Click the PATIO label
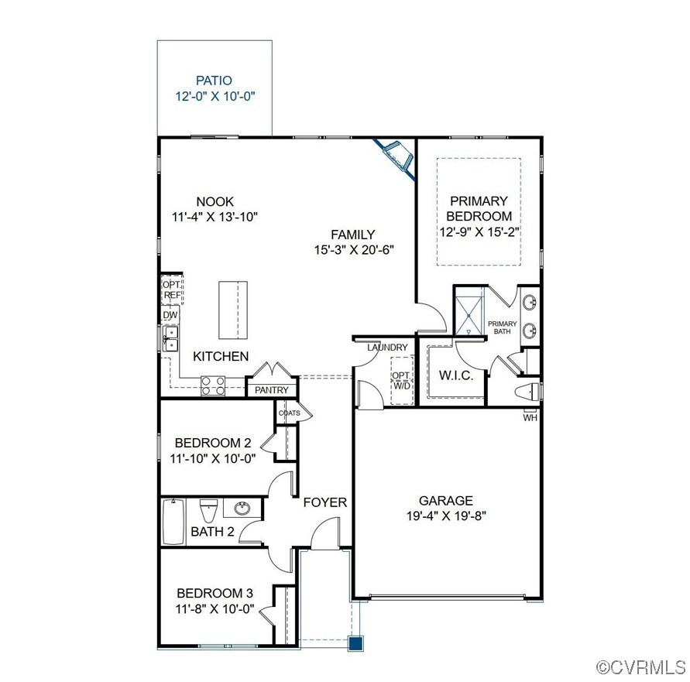[x=214, y=80]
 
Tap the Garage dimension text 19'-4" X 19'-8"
[x=445, y=516]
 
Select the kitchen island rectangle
[x=230, y=310]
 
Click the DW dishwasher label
[x=170, y=315]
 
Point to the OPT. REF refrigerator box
[x=171, y=290]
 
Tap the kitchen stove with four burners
[x=213, y=386]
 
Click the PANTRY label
[x=271, y=390]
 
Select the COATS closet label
[x=289, y=413]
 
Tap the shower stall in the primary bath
[x=469, y=312]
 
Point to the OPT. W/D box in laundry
[x=400, y=381]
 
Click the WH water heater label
[x=530, y=418]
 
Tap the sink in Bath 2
[x=242, y=509]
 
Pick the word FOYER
[x=324, y=502]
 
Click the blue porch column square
[x=355, y=642]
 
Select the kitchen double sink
[x=170, y=339]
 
